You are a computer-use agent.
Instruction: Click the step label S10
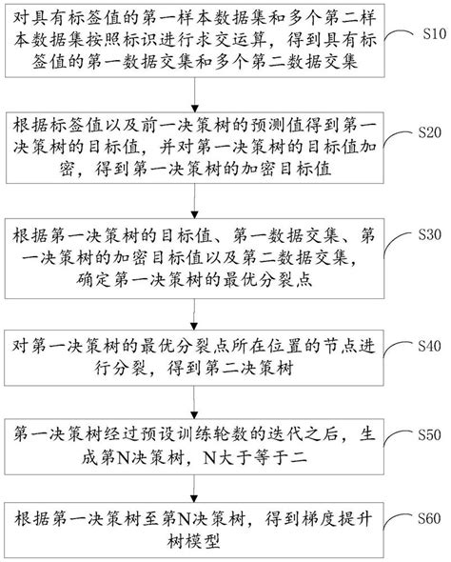pyautogui.click(x=435, y=34)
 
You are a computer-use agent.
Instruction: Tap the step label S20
pyautogui.click(x=430, y=132)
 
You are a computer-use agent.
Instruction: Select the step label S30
pyautogui.click(x=430, y=234)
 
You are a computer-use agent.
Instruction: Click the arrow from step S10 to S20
pyautogui.click(x=194, y=94)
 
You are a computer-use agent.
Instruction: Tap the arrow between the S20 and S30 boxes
pyautogui.click(x=194, y=201)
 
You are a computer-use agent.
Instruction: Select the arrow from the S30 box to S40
pyautogui.click(x=194, y=314)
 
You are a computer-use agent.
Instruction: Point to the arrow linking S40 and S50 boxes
pyautogui.click(x=194, y=402)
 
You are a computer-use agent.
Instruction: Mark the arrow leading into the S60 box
pyautogui.click(x=194, y=489)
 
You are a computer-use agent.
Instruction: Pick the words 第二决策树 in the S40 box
pyautogui.click(x=248, y=368)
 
